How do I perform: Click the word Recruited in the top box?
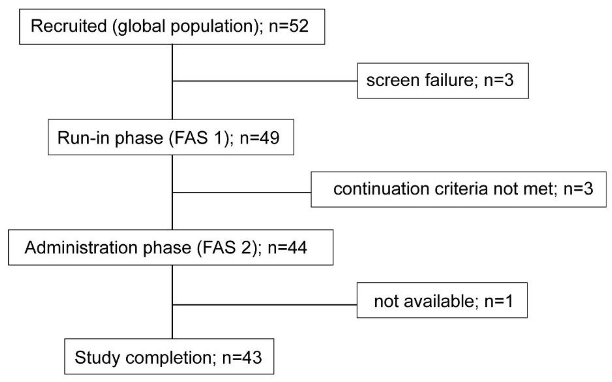[x=68, y=26]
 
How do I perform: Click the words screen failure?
[x=420, y=80]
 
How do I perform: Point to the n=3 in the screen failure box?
[x=498, y=80]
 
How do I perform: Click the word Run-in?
[x=85, y=138]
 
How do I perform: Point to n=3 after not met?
[x=578, y=189]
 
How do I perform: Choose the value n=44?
[x=287, y=247]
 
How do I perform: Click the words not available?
[x=426, y=301]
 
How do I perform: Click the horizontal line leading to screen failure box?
[x=265, y=81]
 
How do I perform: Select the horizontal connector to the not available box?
[x=265, y=305]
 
